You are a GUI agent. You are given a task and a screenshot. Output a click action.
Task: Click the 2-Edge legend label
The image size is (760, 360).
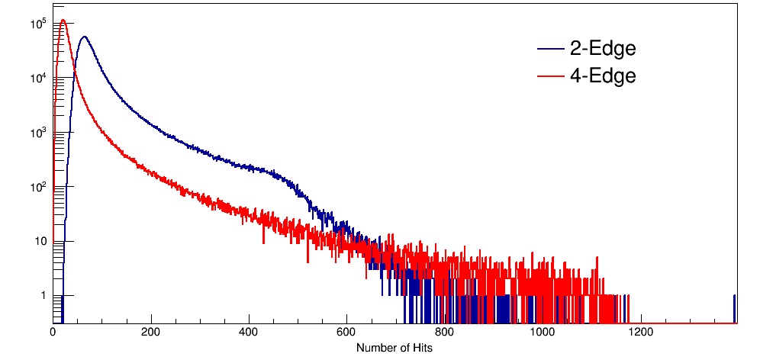coord(603,50)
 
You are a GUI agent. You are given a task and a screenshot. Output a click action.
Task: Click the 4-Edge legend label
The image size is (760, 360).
coord(603,76)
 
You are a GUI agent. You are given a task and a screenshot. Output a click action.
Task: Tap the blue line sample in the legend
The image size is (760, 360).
coord(549,50)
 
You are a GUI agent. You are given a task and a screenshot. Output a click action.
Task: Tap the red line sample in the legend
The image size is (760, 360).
coord(549,76)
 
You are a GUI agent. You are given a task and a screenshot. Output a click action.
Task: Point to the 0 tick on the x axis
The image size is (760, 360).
coord(53,333)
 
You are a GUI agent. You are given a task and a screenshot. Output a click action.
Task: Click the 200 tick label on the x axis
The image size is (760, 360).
coord(151,333)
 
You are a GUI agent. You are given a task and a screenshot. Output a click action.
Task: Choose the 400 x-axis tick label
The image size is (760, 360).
coord(249,333)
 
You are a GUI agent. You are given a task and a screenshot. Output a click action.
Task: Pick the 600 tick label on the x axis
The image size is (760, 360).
coord(346,333)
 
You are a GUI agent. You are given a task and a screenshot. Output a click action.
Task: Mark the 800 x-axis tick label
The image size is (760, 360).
coord(445,333)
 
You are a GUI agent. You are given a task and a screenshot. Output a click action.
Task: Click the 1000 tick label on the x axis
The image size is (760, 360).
coord(543,333)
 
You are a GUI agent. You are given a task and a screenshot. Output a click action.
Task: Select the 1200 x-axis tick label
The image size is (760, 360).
coord(640,333)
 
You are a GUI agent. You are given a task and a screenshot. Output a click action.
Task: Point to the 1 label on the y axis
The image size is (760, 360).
coord(43,296)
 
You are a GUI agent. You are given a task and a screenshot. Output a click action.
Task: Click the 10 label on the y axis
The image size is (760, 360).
coord(40,242)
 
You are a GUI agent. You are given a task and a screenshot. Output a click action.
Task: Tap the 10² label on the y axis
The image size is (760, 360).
coord(39,187)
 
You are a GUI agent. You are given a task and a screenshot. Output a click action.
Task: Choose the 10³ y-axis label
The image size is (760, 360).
coord(39,133)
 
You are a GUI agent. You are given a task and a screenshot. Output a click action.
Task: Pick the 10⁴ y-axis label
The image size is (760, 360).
coord(39,78)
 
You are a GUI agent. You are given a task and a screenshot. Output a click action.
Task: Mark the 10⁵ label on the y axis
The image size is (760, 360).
coord(39,24)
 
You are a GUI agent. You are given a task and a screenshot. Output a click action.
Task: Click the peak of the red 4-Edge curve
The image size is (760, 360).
coord(63,21)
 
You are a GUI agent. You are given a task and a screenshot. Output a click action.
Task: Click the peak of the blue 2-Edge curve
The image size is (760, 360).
coord(84,37)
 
